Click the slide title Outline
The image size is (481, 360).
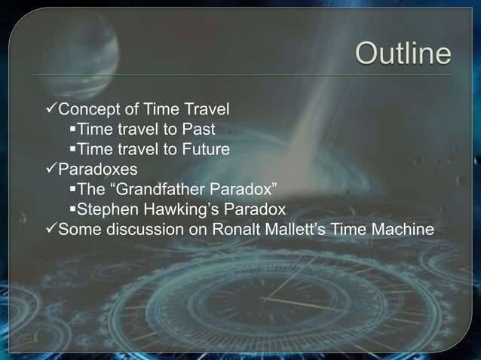tap(403, 53)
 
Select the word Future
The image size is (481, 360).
tap(205, 149)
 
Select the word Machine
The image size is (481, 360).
tap(403, 228)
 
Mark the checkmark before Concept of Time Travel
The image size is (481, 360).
tap(51, 110)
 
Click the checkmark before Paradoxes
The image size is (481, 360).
tap(51, 169)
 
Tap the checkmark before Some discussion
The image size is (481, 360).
tap(51, 228)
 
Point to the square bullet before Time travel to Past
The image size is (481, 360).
tap(72, 130)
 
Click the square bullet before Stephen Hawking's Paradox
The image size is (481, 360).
tap(72, 209)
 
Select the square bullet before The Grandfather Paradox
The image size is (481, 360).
tap(72, 188)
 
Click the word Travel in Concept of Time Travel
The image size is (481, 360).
tap(206, 110)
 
